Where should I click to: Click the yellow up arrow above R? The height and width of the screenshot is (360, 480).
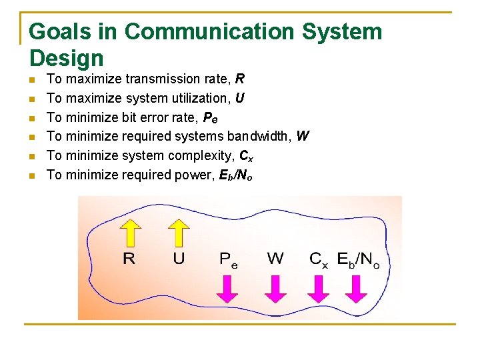tap(131, 233)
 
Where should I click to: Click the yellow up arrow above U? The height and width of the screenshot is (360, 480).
tap(178, 233)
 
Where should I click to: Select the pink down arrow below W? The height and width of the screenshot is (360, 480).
tap(275, 287)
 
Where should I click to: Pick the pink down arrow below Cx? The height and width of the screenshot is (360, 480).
tap(318, 287)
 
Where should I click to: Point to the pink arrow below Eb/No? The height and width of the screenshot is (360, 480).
tap(357, 287)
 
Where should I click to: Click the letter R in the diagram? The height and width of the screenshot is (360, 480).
tap(129, 259)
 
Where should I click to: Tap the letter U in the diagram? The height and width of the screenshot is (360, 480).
tap(179, 259)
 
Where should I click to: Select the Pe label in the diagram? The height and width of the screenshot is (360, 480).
tap(229, 259)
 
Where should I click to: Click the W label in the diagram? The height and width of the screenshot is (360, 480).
tap(275, 259)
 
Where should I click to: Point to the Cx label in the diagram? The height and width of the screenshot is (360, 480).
tap(319, 259)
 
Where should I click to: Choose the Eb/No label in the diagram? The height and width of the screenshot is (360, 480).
tap(358, 259)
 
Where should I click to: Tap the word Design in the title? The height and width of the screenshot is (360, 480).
tap(67, 58)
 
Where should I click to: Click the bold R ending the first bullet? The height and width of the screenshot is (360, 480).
tap(240, 79)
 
